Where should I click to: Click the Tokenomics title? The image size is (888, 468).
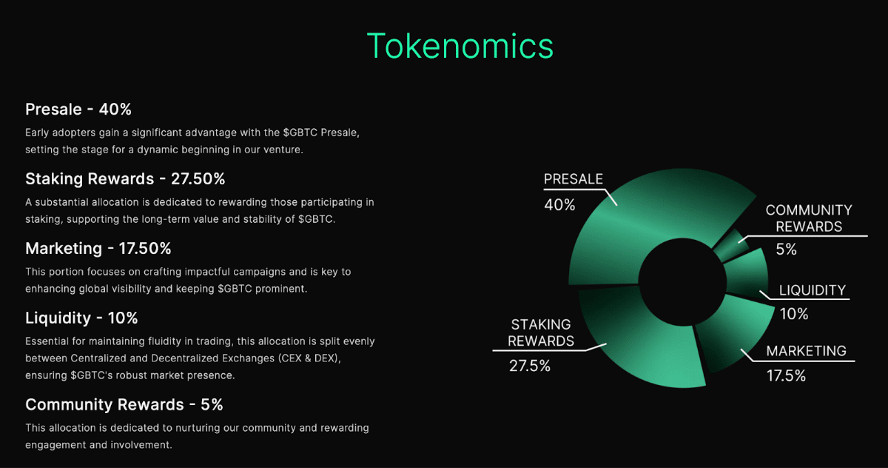click(460, 46)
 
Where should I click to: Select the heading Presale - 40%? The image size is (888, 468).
click(78, 110)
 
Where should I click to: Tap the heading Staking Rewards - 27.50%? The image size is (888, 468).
click(125, 178)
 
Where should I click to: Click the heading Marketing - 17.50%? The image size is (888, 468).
click(98, 248)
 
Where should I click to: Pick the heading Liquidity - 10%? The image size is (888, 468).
click(81, 318)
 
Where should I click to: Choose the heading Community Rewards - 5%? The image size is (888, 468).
click(124, 404)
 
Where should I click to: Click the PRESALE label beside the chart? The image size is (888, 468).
click(573, 179)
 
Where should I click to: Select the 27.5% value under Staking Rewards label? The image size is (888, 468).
click(529, 366)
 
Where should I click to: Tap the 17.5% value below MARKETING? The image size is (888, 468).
click(786, 376)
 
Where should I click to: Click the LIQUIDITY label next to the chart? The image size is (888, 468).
click(812, 290)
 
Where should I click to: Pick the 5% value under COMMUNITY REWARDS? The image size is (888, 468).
click(786, 250)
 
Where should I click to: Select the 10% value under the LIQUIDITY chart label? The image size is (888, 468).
click(793, 314)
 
